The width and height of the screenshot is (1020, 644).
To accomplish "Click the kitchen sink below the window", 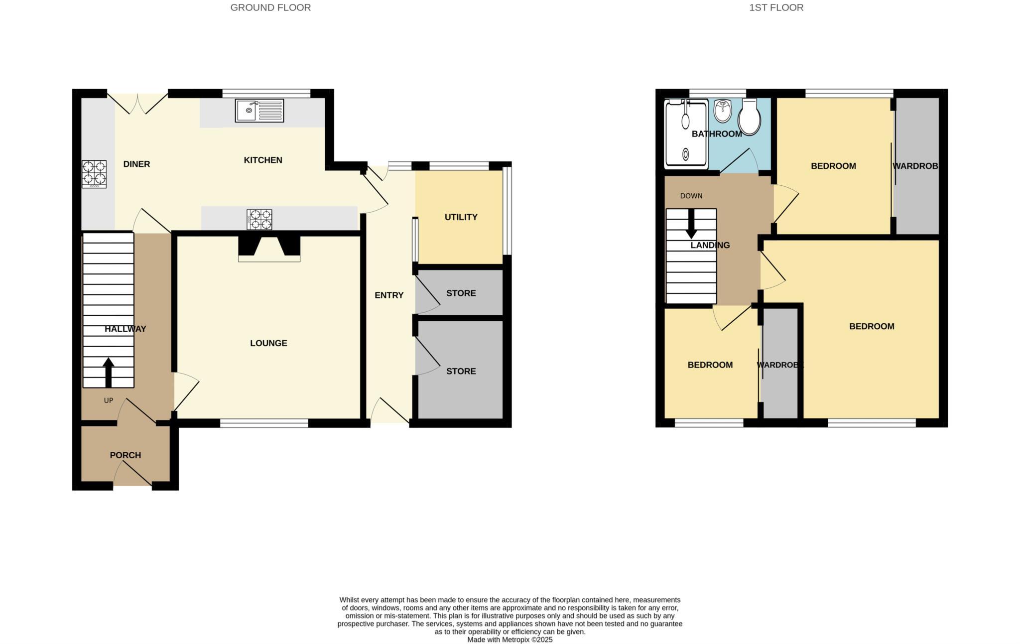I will [259, 111].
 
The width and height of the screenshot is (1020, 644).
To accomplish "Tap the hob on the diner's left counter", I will [94, 173].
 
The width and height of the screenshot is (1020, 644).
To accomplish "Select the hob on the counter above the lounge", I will [259, 219].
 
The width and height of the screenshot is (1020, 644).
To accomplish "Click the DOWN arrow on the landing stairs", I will [691, 224].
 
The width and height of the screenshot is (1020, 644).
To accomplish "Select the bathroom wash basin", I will [722, 111].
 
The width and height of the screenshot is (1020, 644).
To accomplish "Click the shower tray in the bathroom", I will [686, 133].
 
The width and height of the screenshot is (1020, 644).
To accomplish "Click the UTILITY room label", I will [461, 217].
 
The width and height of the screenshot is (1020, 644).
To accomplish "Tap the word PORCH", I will [126, 455].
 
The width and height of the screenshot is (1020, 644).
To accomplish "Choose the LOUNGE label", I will [268, 343].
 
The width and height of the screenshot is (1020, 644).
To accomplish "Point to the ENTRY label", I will [389, 295].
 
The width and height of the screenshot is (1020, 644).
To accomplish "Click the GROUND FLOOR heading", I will [270, 7].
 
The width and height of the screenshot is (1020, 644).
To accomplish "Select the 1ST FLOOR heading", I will [776, 7].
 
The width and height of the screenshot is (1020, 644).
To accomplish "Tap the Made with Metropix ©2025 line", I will [510, 640].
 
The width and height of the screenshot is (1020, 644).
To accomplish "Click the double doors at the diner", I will [137, 104].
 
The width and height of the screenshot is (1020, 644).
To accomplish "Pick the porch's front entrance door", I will [133, 475].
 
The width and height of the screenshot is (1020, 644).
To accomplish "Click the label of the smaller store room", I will [461, 293].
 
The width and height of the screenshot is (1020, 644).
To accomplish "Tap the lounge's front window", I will [264, 423].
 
